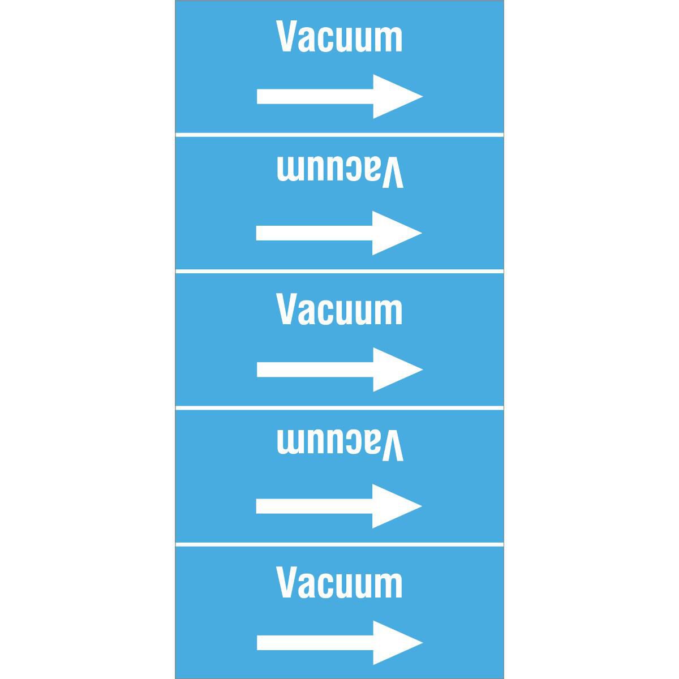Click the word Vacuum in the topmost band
339,36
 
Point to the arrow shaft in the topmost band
315,96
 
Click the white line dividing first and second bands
339,135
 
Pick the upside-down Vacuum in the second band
340,172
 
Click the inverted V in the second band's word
392,173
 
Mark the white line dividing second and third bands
339,272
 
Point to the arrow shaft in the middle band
315,369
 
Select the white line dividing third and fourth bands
339,407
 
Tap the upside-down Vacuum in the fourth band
340,445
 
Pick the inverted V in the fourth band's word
392,445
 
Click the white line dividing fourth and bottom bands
339,544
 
